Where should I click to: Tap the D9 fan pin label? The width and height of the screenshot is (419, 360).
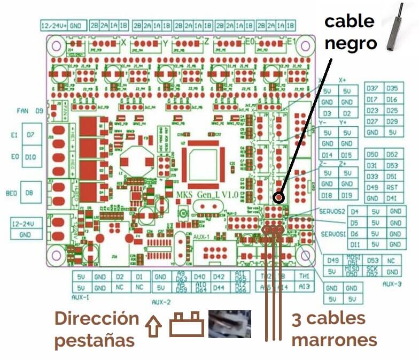click(x=39, y=111)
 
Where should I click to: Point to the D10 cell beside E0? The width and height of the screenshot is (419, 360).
click(x=30, y=157)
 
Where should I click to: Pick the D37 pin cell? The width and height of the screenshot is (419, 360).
click(x=373, y=89)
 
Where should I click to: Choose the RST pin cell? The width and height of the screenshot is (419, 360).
click(x=392, y=188)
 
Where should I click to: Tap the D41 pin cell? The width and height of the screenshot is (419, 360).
click(x=392, y=198)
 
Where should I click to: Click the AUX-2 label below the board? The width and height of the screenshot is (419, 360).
click(x=161, y=302)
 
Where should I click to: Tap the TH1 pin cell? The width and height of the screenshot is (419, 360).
click(x=305, y=276)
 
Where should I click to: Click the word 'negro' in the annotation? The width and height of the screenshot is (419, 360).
click(x=351, y=43)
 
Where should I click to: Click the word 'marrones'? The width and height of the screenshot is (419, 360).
click(x=334, y=339)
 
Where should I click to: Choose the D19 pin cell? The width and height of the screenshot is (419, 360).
click(x=347, y=195)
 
